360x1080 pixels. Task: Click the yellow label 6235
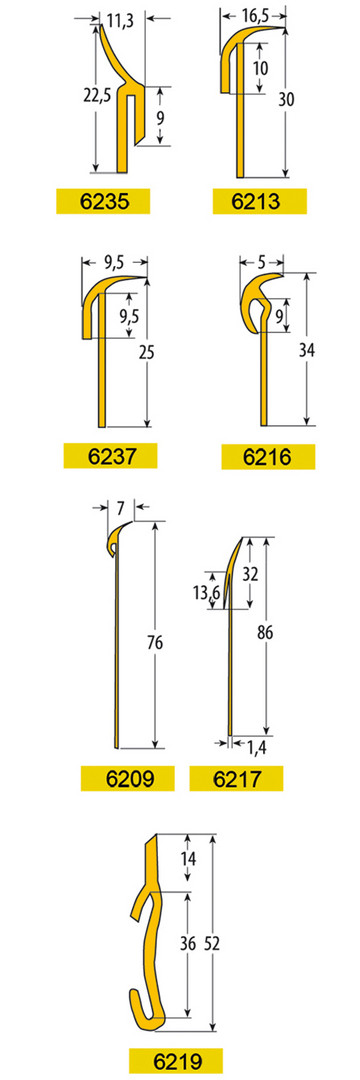tap(103, 201)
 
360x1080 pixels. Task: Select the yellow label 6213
tap(259, 201)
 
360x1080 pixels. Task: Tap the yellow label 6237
tap(110, 455)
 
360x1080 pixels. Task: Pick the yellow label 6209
tap(127, 778)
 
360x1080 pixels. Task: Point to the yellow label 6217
tap(236, 778)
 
